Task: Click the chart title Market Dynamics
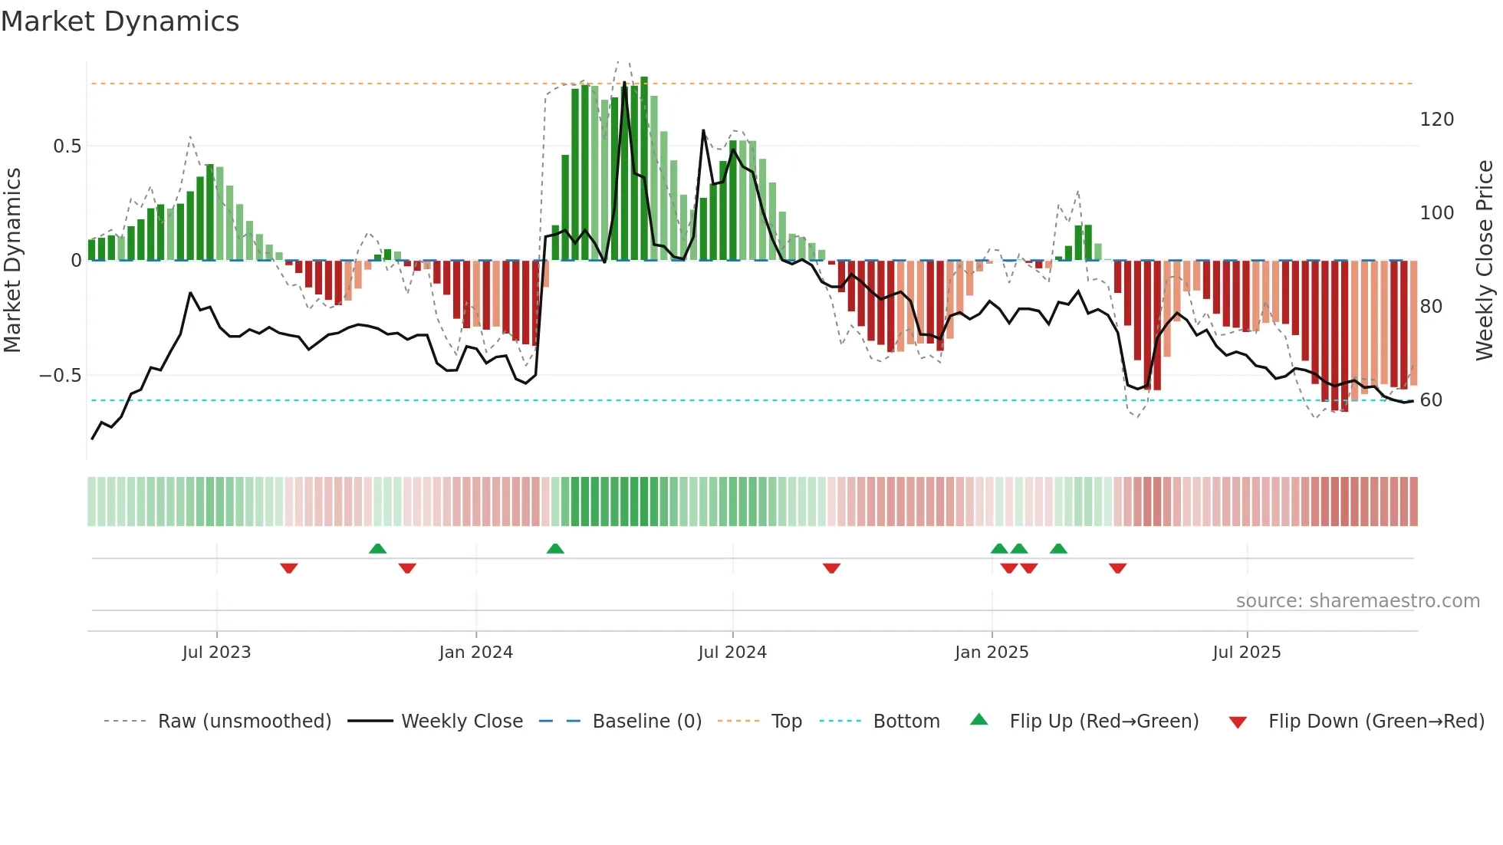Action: tap(120, 21)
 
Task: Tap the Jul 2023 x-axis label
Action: tap(216, 653)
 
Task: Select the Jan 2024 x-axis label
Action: tap(475, 653)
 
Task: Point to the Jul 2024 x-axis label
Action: tap(732, 653)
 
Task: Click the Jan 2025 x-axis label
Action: tap(992, 653)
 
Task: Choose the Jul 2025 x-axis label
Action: tap(1247, 653)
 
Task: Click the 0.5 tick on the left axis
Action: tap(67, 146)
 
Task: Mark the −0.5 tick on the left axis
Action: tap(61, 376)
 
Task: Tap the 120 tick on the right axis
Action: tap(1437, 120)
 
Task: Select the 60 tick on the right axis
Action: tap(1431, 400)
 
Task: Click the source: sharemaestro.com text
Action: tap(1357, 601)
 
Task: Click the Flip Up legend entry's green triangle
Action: tap(979, 720)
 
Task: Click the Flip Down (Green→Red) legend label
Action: tap(1376, 722)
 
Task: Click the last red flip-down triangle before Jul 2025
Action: tap(1117, 568)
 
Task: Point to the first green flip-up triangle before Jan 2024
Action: tap(377, 548)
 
